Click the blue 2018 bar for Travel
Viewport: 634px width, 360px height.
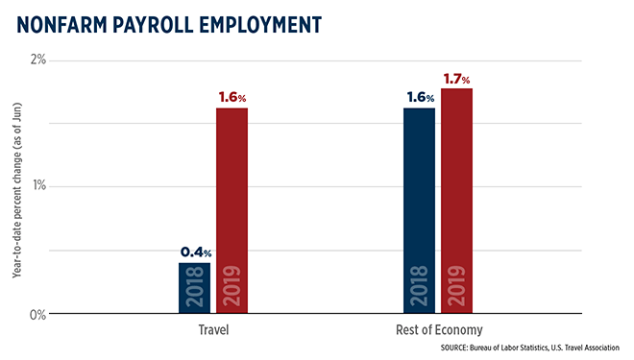pyautogui.click(x=194, y=287)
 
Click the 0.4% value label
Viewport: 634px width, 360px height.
pyautogui.click(x=194, y=252)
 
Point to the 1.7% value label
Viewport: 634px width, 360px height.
pyautogui.click(x=456, y=79)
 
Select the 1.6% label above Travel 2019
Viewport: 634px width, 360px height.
pyautogui.click(x=232, y=98)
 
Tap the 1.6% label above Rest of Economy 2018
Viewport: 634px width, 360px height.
pyautogui.click(x=419, y=98)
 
